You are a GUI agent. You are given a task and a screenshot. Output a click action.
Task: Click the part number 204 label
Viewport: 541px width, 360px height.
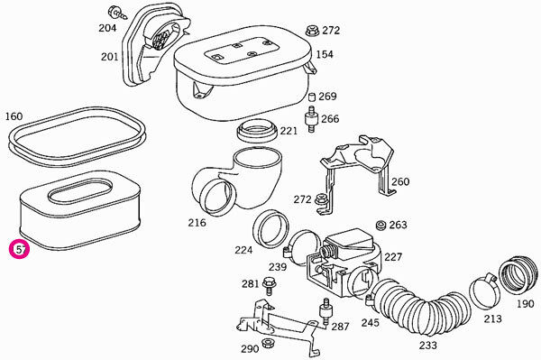[107, 28]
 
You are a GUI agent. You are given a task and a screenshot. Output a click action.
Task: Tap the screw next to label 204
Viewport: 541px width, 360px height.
[117, 13]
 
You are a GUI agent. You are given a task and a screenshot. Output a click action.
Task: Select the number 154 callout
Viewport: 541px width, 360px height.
[325, 54]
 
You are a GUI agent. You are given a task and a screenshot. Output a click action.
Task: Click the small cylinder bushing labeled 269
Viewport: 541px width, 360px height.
[312, 97]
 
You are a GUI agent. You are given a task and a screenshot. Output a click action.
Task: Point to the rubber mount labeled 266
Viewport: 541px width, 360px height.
[311, 119]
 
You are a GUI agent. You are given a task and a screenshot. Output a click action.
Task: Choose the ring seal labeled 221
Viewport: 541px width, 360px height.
[256, 131]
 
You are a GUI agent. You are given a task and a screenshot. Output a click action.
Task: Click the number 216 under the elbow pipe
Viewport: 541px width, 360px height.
[197, 223]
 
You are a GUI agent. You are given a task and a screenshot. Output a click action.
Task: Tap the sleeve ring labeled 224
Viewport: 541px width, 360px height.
[270, 228]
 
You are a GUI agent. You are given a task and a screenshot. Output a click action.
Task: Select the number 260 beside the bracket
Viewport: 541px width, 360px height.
[400, 181]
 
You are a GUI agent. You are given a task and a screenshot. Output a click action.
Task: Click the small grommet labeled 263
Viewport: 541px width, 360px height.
[381, 225]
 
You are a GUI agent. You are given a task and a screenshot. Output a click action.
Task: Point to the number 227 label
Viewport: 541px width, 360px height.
[393, 257]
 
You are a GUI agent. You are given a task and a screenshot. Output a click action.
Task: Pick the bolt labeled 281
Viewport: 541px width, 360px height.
[268, 286]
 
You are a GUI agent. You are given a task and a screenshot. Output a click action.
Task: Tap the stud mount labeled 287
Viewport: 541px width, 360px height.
[326, 311]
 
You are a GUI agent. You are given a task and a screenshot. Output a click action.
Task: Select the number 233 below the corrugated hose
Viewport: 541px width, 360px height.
[427, 346]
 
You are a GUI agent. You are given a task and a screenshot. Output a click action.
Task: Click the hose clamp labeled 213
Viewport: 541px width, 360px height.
[484, 291]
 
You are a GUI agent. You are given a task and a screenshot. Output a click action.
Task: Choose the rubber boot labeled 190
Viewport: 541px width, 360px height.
[518, 275]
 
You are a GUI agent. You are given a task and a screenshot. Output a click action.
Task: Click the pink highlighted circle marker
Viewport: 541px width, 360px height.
[20, 249]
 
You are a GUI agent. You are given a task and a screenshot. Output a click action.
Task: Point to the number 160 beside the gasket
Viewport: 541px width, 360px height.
[14, 116]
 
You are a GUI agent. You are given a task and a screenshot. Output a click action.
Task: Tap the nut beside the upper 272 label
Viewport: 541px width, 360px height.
[312, 31]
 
